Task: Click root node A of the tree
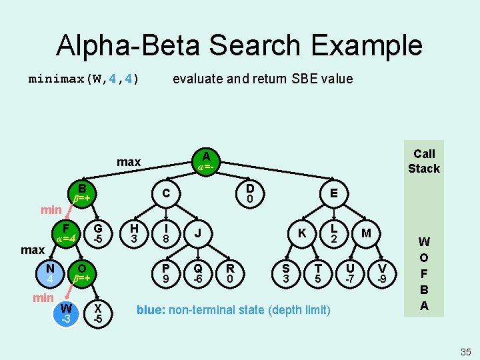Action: pos(205,161)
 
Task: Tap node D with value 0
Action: pos(249,193)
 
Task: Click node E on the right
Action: pos(333,193)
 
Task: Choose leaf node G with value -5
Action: pos(97,233)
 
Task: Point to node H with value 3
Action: pos(134,233)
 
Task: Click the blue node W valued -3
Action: pos(66,313)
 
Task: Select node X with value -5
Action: pos(97,313)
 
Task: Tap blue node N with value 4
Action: pos(50,273)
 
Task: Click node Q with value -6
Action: pos(198,273)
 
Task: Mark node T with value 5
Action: pos(318,273)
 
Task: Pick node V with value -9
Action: pos(383,273)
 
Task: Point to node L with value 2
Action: pos(335,233)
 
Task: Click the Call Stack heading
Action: pos(423,161)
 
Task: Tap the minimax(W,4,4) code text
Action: pos(83,79)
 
